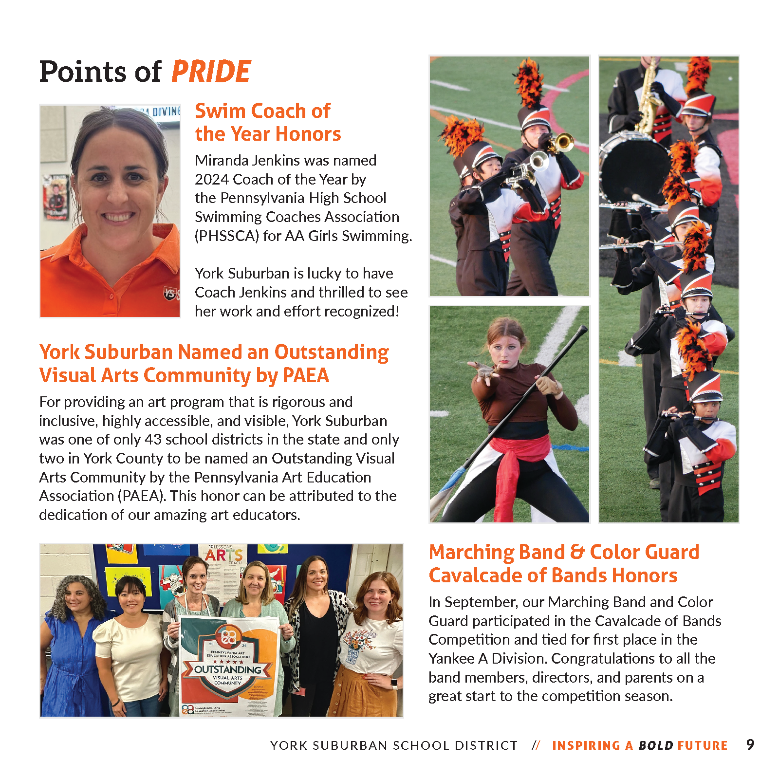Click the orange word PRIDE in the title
(x=211, y=72)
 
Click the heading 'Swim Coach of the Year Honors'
(x=267, y=122)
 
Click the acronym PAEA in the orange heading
(x=306, y=375)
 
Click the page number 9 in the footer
(x=750, y=744)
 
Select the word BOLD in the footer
(x=656, y=745)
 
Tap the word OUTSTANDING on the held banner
(x=227, y=669)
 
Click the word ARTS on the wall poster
(x=223, y=555)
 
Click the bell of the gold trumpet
(x=565, y=142)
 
